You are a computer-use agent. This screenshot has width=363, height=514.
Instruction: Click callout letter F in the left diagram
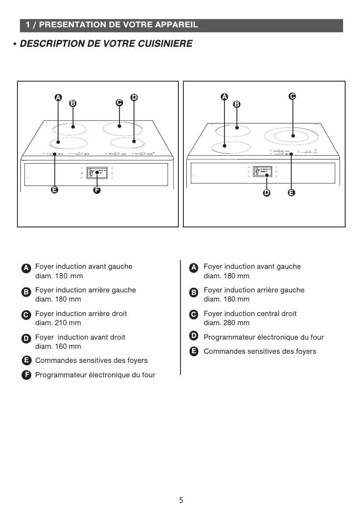click(x=97, y=191)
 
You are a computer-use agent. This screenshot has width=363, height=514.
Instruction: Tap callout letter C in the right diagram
click(x=292, y=96)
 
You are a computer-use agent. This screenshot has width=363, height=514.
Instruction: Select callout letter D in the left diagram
click(x=134, y=97)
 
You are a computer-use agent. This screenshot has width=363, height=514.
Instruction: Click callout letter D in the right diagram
click(x=266, y=193)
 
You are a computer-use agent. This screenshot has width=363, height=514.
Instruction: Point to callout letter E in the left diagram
click(x=54, y=191)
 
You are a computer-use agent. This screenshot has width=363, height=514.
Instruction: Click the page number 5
click(x=181, y=500)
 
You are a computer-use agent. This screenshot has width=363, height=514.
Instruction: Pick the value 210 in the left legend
click(x=62, y=323)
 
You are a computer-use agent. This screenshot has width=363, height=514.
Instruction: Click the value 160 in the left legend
click(x=62, y=347)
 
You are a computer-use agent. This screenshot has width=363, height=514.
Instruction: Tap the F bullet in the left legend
click(x=26, y=375)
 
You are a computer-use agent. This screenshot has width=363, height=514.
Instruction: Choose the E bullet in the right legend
click(x=193, y=352)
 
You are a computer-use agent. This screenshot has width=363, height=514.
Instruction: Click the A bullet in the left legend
click(x=26, y=268)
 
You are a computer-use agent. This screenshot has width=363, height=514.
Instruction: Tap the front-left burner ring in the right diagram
click(x=231, y=147)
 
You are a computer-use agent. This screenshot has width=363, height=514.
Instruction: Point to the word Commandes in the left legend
click(x=54, y=361)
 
